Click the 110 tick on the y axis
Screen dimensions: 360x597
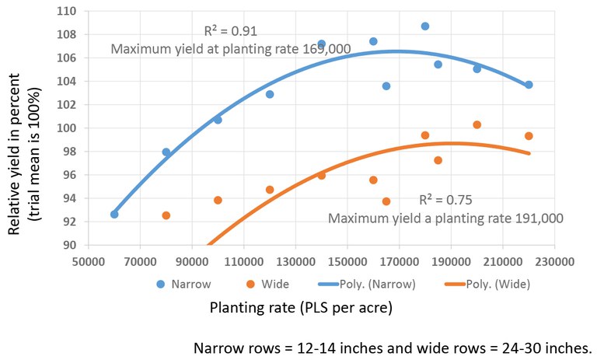tap(68, 11)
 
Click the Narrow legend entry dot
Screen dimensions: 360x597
tap(161, 284)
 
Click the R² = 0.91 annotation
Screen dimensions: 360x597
tap(230, 32)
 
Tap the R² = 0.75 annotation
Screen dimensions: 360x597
tap(445, 200)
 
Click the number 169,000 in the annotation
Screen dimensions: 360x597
tap(326, 49)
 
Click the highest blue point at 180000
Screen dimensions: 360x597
tap(425, 26)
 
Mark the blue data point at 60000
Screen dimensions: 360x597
tap(114, 214)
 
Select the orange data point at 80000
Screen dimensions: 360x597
tap(166, 215)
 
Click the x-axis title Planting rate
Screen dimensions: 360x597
tap(301, 308)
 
